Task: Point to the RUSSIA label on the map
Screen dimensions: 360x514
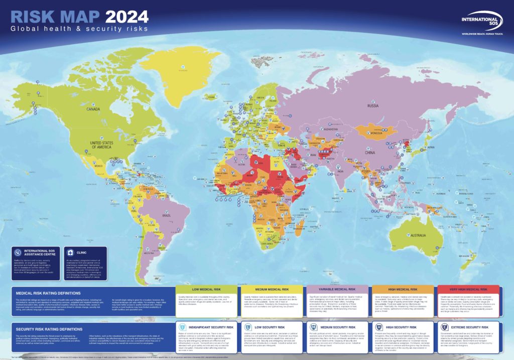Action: [x=373, y=106]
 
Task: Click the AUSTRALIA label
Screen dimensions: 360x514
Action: [x=423, y=235]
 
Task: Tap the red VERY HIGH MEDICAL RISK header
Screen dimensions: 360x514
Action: [x=468, y=290]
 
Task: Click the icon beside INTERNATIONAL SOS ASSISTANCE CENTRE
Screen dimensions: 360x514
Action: [x=18, y=253]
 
